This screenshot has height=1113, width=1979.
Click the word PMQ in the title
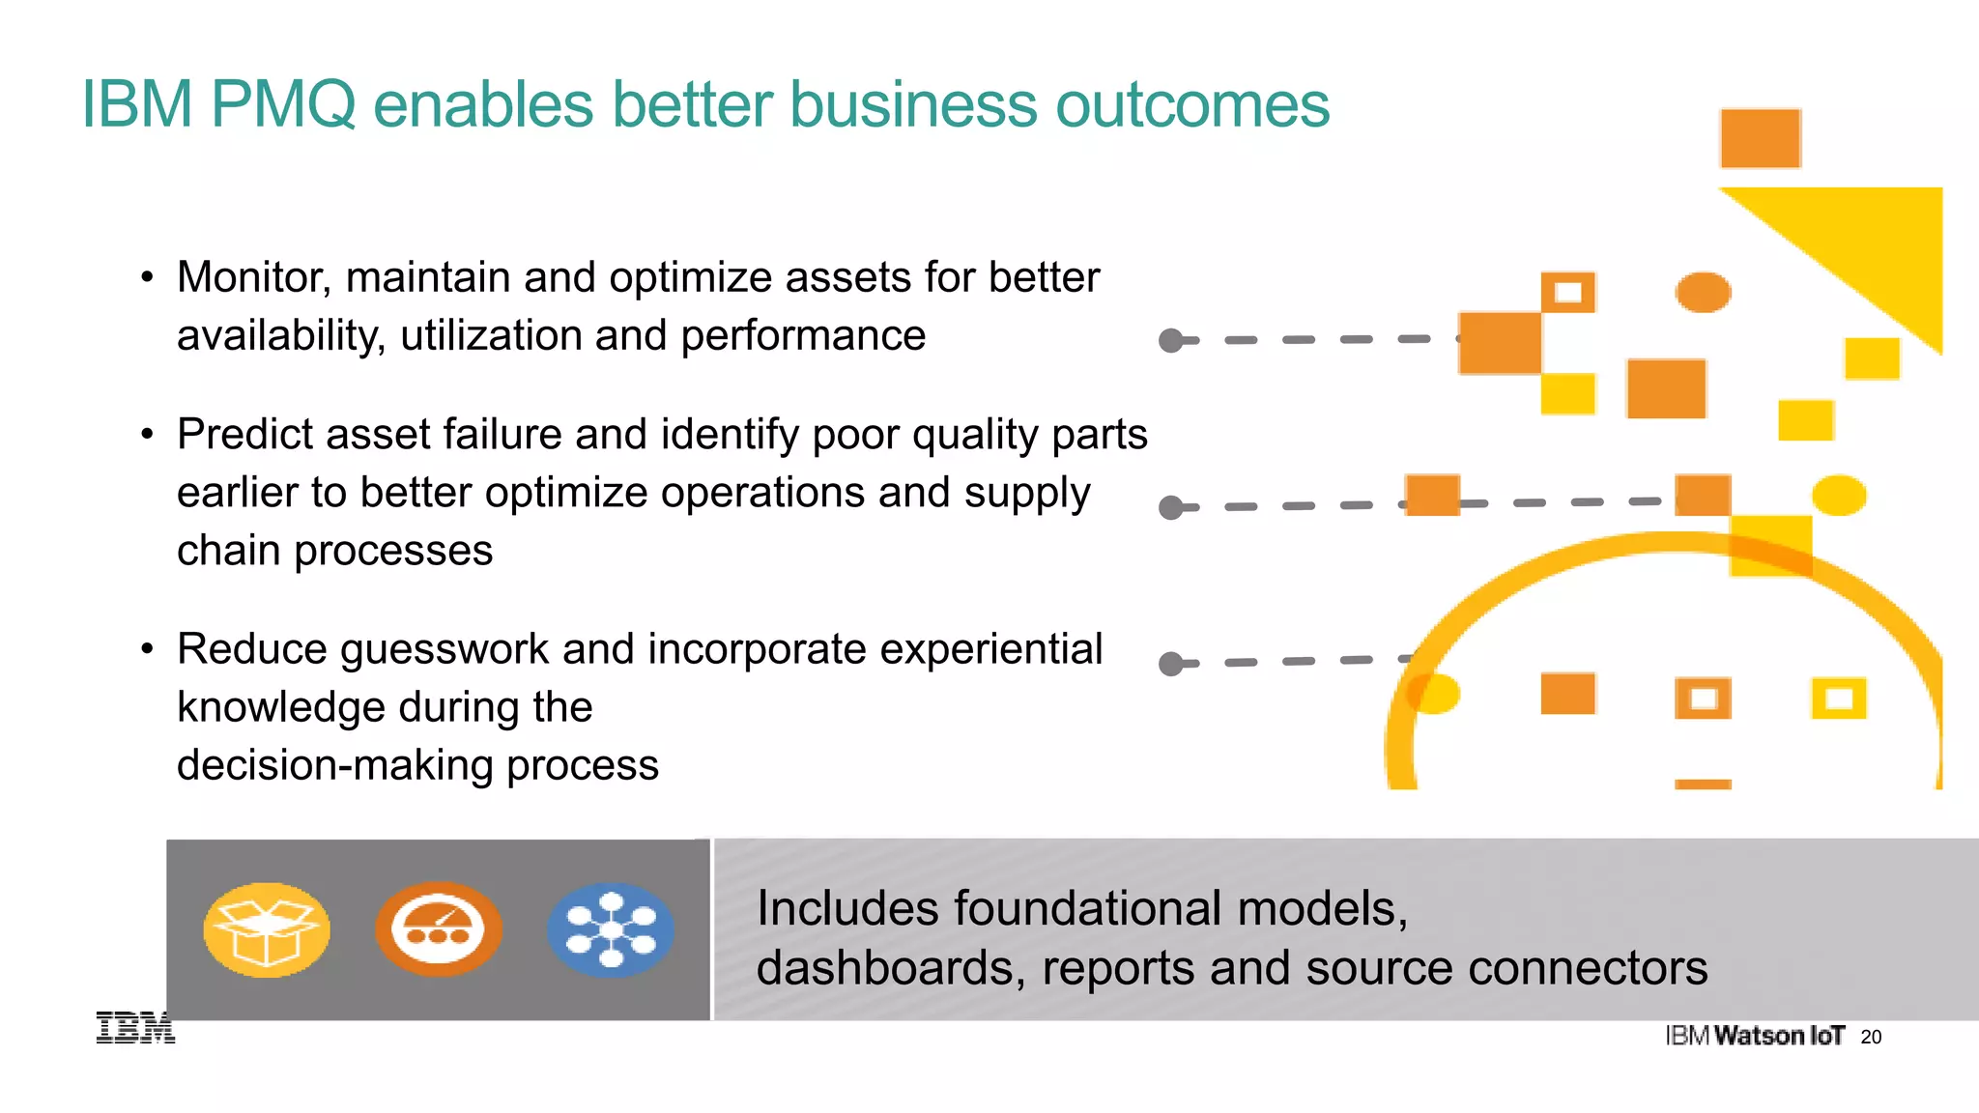tap(282, 104)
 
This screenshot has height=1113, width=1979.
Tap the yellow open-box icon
tap(267, 930)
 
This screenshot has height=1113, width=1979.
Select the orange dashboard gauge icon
tap(438, 929)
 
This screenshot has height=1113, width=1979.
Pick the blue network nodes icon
tap(610, 930)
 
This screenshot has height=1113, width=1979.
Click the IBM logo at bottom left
tap(135, 1028)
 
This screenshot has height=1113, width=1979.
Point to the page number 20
tap(1871, 1038)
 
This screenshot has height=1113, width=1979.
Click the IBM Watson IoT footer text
tap(1755, 1037)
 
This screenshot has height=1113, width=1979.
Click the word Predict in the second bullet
tap(245, 435)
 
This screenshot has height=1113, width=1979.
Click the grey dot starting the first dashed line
tap(1171, 341)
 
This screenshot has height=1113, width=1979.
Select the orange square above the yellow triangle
tap(1760, 138)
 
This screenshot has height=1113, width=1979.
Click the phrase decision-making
tap(334, 766)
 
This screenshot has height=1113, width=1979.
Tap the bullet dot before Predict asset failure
tap(147, 435)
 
